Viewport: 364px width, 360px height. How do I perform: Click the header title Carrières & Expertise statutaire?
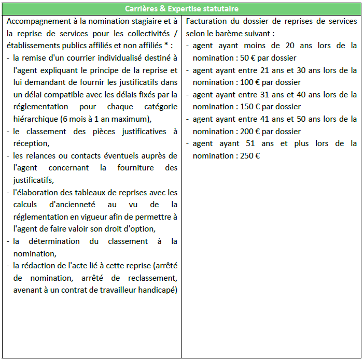(181, 9)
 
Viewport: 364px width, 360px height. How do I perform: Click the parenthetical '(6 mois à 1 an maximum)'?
(107, 119)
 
